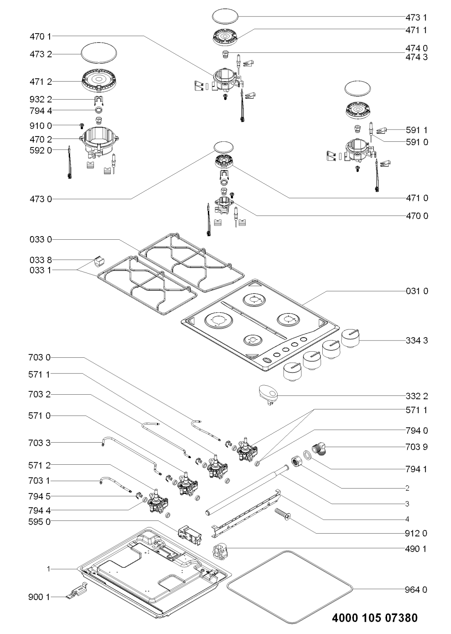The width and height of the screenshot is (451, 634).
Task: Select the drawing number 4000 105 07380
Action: pyautogui.click(x=375, y=617)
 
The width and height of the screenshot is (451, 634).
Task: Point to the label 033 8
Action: pyautogui.click(x=40, y=260)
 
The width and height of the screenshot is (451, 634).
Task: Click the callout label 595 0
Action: pyautogui.click(x=40, y=521)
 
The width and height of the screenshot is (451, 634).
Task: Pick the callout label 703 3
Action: pyautogui.click(x=40, y=443)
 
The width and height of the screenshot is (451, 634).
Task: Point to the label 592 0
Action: pyautogui.click(x=40, y=150)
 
